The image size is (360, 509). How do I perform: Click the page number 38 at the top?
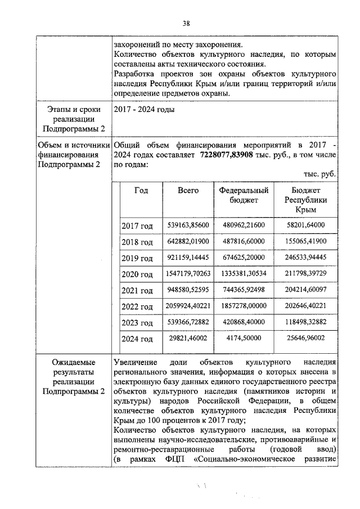click(x=186, y=23)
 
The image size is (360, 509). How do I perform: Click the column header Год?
click(x=141, y=191)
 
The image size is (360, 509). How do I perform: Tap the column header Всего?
click(x=188, y=191)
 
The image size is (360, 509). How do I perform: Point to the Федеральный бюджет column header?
click(x=244, y=195)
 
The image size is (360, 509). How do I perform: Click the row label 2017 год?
click(x=137, y=226)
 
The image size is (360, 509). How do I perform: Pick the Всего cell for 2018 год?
click(x=188, y=241)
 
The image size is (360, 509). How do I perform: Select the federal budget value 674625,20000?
click(x=244, y=258)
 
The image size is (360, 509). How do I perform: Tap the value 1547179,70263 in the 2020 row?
click(x=188, y=274)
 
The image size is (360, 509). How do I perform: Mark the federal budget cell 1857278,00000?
click(x=244, y=307)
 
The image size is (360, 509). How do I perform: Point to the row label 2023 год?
click(x=137, y=323)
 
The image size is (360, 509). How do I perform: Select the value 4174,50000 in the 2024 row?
click(x=244, y=339)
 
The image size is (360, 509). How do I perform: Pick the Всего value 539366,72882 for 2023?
click(x=188, y=323)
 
